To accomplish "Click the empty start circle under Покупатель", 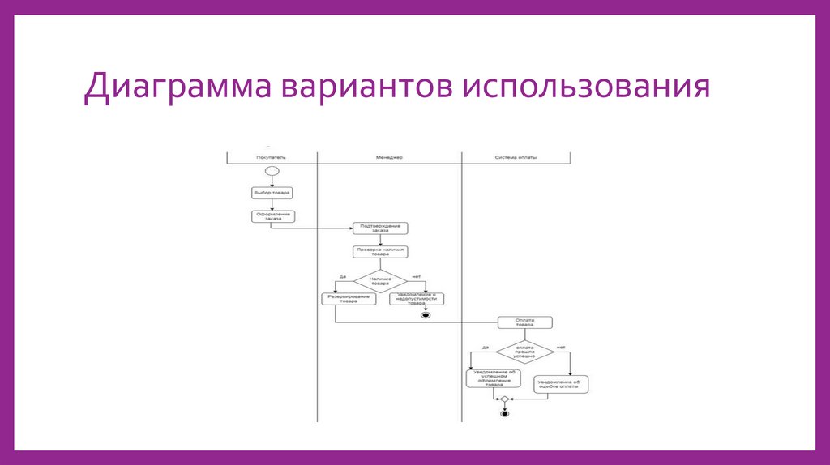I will click(271, 172).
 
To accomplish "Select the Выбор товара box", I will click(271, 193).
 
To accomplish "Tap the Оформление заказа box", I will click(271, 216).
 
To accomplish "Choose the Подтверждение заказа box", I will click(380, 229).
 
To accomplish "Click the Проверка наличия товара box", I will click(380, 251).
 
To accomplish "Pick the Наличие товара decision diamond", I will click(380, 281).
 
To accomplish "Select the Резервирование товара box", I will click(348, 299).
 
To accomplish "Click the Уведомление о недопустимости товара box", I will click(417, 299).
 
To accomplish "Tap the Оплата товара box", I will click(525, 322).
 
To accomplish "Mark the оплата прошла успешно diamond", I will click(525, 352).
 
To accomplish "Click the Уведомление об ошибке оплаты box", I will click(562, 384).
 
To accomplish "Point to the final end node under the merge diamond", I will click(504, 413).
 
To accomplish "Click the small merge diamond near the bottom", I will click(504, 399).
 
